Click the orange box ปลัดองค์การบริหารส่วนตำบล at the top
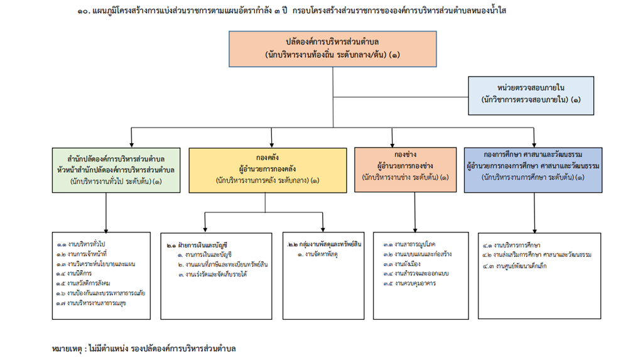pyautogui.click(x=332, y=49)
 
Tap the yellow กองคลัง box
pyautogui.click(x=268, y=170)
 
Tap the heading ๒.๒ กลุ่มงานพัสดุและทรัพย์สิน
pyautogui.click(x=324, y=244)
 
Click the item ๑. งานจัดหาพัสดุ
pyautogui.click(x=317, y=254)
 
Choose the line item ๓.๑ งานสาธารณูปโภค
pyautogui.click(x=409, y=244)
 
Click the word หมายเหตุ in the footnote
pyautogui.click(x=68, y=347)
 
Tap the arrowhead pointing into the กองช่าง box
pyautogui.click(x=392, y=143)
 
